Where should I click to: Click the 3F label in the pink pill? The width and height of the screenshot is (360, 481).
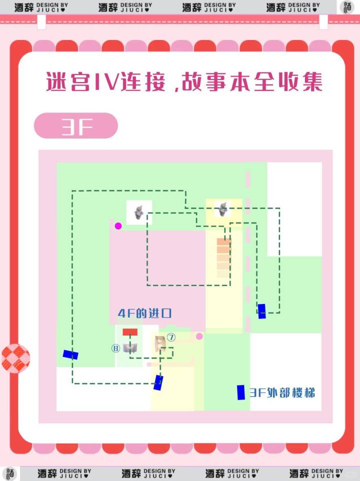[76, 126]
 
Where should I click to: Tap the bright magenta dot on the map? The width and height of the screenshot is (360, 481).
[118, 226]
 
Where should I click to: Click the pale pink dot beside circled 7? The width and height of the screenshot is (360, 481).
[199, 336]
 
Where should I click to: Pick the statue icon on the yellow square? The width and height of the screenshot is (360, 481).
[223, 209]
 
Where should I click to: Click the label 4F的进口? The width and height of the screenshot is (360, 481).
[144, 313]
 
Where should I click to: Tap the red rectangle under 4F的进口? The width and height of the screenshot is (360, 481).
[130, 332]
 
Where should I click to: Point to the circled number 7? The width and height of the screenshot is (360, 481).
[171, 337]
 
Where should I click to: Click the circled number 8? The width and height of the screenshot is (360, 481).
[115, 348]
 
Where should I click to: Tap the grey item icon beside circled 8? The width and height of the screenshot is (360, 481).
[130, 348]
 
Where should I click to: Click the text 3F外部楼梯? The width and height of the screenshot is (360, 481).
[282, 392]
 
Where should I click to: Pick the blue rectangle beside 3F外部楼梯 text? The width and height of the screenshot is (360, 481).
[241, 392]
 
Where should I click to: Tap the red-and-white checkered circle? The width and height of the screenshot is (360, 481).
[15, 358]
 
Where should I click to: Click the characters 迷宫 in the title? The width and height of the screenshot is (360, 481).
[68, 82]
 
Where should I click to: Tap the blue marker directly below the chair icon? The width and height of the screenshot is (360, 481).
[158, 382]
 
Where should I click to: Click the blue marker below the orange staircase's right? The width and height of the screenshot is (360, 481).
[261, 311]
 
